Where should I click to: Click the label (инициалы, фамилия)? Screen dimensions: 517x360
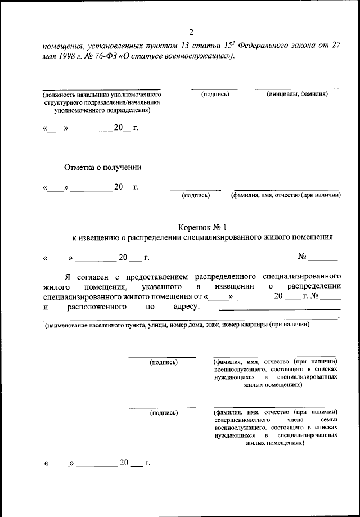297,94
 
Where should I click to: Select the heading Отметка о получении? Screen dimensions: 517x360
102,167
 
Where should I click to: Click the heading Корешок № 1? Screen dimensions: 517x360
201,227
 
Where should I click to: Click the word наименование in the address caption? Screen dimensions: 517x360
69,325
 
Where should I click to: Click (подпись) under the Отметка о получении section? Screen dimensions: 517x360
195,195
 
